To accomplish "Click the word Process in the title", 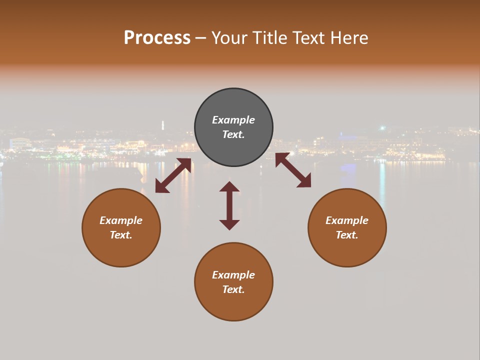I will point(157,38).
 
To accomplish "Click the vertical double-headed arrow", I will point(229,205).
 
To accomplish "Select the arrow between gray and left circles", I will point(173,175).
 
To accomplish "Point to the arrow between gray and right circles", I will point(293,170).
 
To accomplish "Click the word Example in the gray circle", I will point(233,120).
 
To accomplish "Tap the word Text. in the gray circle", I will point(233,134).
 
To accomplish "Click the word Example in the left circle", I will point(121,220).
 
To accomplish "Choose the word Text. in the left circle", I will point(121,235).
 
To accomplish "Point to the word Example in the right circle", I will point(347,220).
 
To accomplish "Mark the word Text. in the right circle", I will point(347,235).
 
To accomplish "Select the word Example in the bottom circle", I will point(233,275).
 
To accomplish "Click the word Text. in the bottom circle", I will point(233,289).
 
